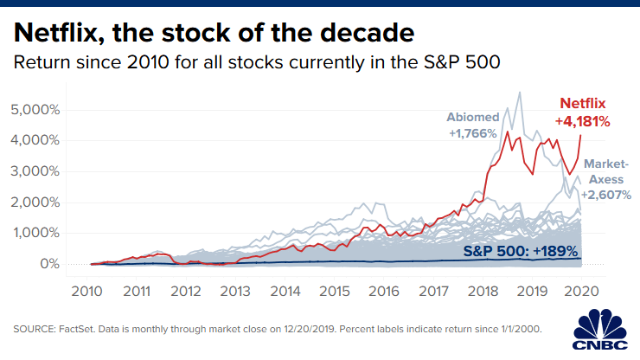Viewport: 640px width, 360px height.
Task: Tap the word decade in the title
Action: (x=364, y=34)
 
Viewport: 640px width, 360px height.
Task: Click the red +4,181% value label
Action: (x=581, y=121)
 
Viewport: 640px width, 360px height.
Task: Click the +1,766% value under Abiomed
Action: (x=471, y=134)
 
